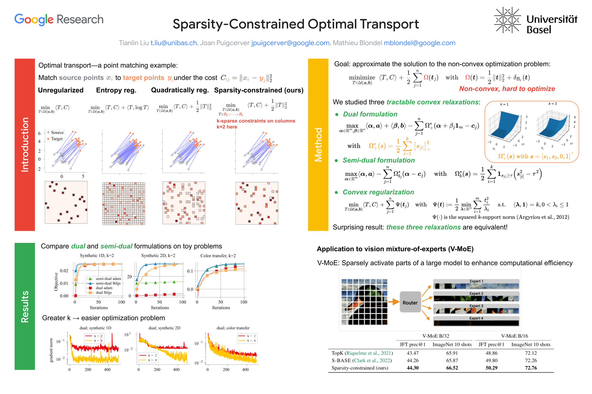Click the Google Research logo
point(59,19)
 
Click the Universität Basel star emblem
point(507,20)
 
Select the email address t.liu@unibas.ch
point(173,43)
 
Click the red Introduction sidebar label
point(25,144)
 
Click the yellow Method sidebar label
point(318,144)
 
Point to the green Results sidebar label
point(25,306)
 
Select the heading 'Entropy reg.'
point(116,90)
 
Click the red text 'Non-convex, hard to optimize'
point(507,89)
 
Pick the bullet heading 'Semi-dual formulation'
point(378,160)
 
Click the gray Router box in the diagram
point(410,302)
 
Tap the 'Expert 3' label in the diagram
point(476,306)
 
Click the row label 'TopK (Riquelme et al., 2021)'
point(362,353)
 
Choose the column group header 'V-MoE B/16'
point(514,336)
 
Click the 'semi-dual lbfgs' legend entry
point(108,283)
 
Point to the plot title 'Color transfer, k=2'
point(218,256)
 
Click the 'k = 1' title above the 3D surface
point(504,104)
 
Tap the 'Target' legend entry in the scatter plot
point(57,139)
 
